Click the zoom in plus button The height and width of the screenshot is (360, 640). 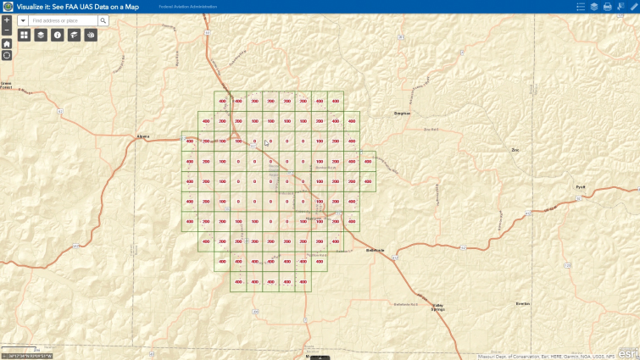[x=7, y=19]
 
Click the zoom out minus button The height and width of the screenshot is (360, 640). [x=7, y=30]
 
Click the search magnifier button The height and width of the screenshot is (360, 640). [x=103, y=19]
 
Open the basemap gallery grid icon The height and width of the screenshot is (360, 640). [x=24, y=35]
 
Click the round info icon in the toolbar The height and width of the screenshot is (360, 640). [x=57, y=35]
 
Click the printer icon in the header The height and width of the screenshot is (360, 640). [x=607, y=6]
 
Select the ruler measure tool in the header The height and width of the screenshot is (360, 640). [x=632, y=6]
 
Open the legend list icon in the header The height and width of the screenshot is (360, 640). [x=581, y=6]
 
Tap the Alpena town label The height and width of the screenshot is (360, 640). [x=142, y=136]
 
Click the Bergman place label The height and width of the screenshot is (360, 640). [x=403, y=113]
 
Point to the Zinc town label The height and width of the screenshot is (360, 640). [x=515, y=150]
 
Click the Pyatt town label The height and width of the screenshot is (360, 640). [x=581, y=186]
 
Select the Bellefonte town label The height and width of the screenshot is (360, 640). [x=375, y=250]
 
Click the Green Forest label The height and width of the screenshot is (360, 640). [x=6, y=85]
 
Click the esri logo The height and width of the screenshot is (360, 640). [x=628, y=352]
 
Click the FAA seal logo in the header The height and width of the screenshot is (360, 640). [x=8, y=6]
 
